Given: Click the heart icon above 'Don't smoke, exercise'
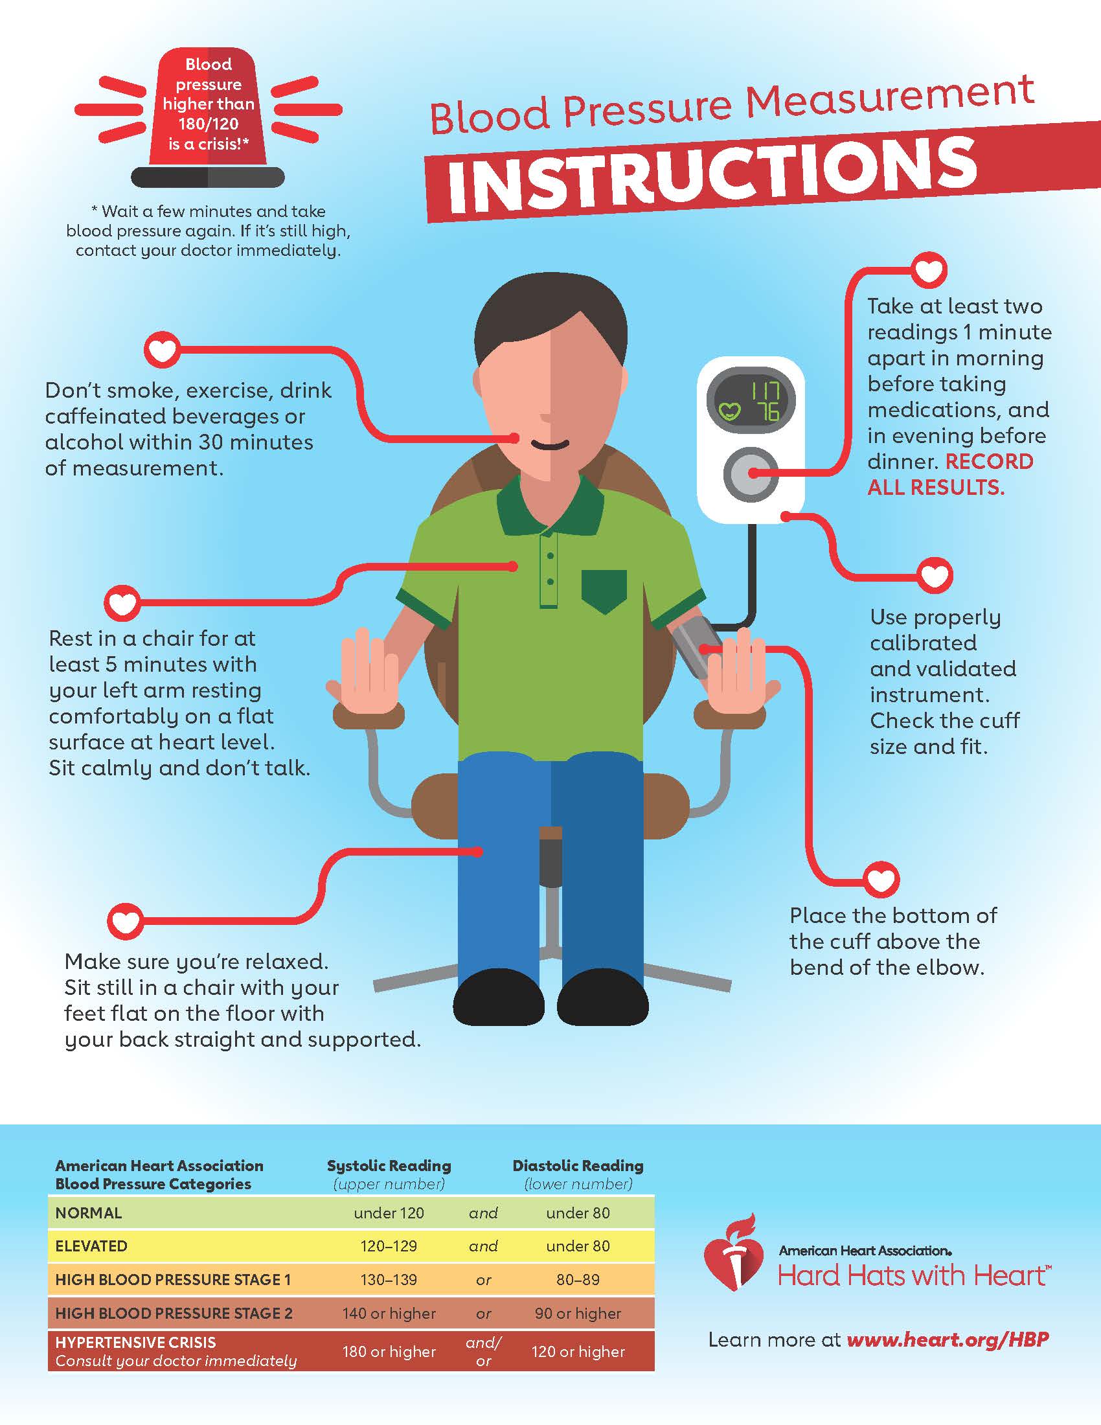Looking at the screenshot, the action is tap(162, 351).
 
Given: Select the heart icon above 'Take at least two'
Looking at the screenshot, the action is tap(928, 269).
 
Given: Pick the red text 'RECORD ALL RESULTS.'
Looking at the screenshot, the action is tap(950, 474).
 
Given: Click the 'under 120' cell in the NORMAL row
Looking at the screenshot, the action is tap(389, 1213).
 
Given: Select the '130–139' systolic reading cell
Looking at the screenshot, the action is tap(389, 1279).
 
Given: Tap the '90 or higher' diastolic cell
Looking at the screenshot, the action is tap(578, 1314).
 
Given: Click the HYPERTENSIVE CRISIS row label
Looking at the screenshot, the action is tap(135, 1342).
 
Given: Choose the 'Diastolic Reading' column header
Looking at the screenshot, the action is tap(578, 1165).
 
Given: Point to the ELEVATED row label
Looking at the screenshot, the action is tap(91, 1246).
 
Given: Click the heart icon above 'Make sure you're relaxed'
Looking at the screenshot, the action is tap(125, 921).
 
